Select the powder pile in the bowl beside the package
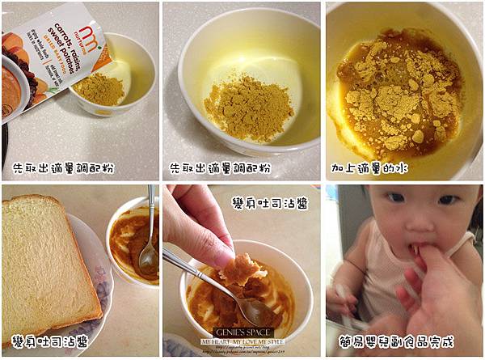(x=101, y=90)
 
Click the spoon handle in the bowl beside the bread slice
(x=151, y=218)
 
